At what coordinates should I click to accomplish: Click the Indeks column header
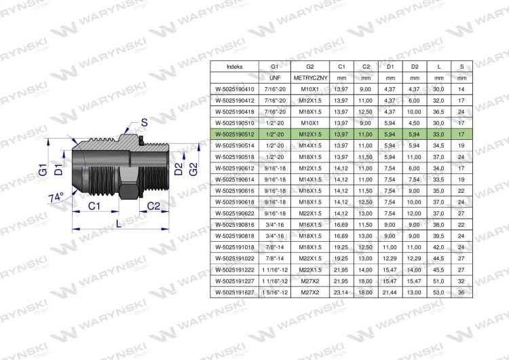click(234, 67)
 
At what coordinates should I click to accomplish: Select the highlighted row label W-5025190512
click(235, 134)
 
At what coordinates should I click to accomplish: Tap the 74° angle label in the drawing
click(56, 198)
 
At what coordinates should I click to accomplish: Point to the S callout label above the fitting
click(144, 122)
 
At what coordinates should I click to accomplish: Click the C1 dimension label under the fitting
click(94, 206)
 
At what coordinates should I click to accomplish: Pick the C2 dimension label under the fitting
click(153, 206)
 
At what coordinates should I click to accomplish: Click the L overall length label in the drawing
click(119, 223)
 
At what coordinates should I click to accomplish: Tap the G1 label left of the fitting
click(43, 170)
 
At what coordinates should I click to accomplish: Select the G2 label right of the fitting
click(193, 169)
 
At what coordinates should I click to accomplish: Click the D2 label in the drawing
click(178, 169)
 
